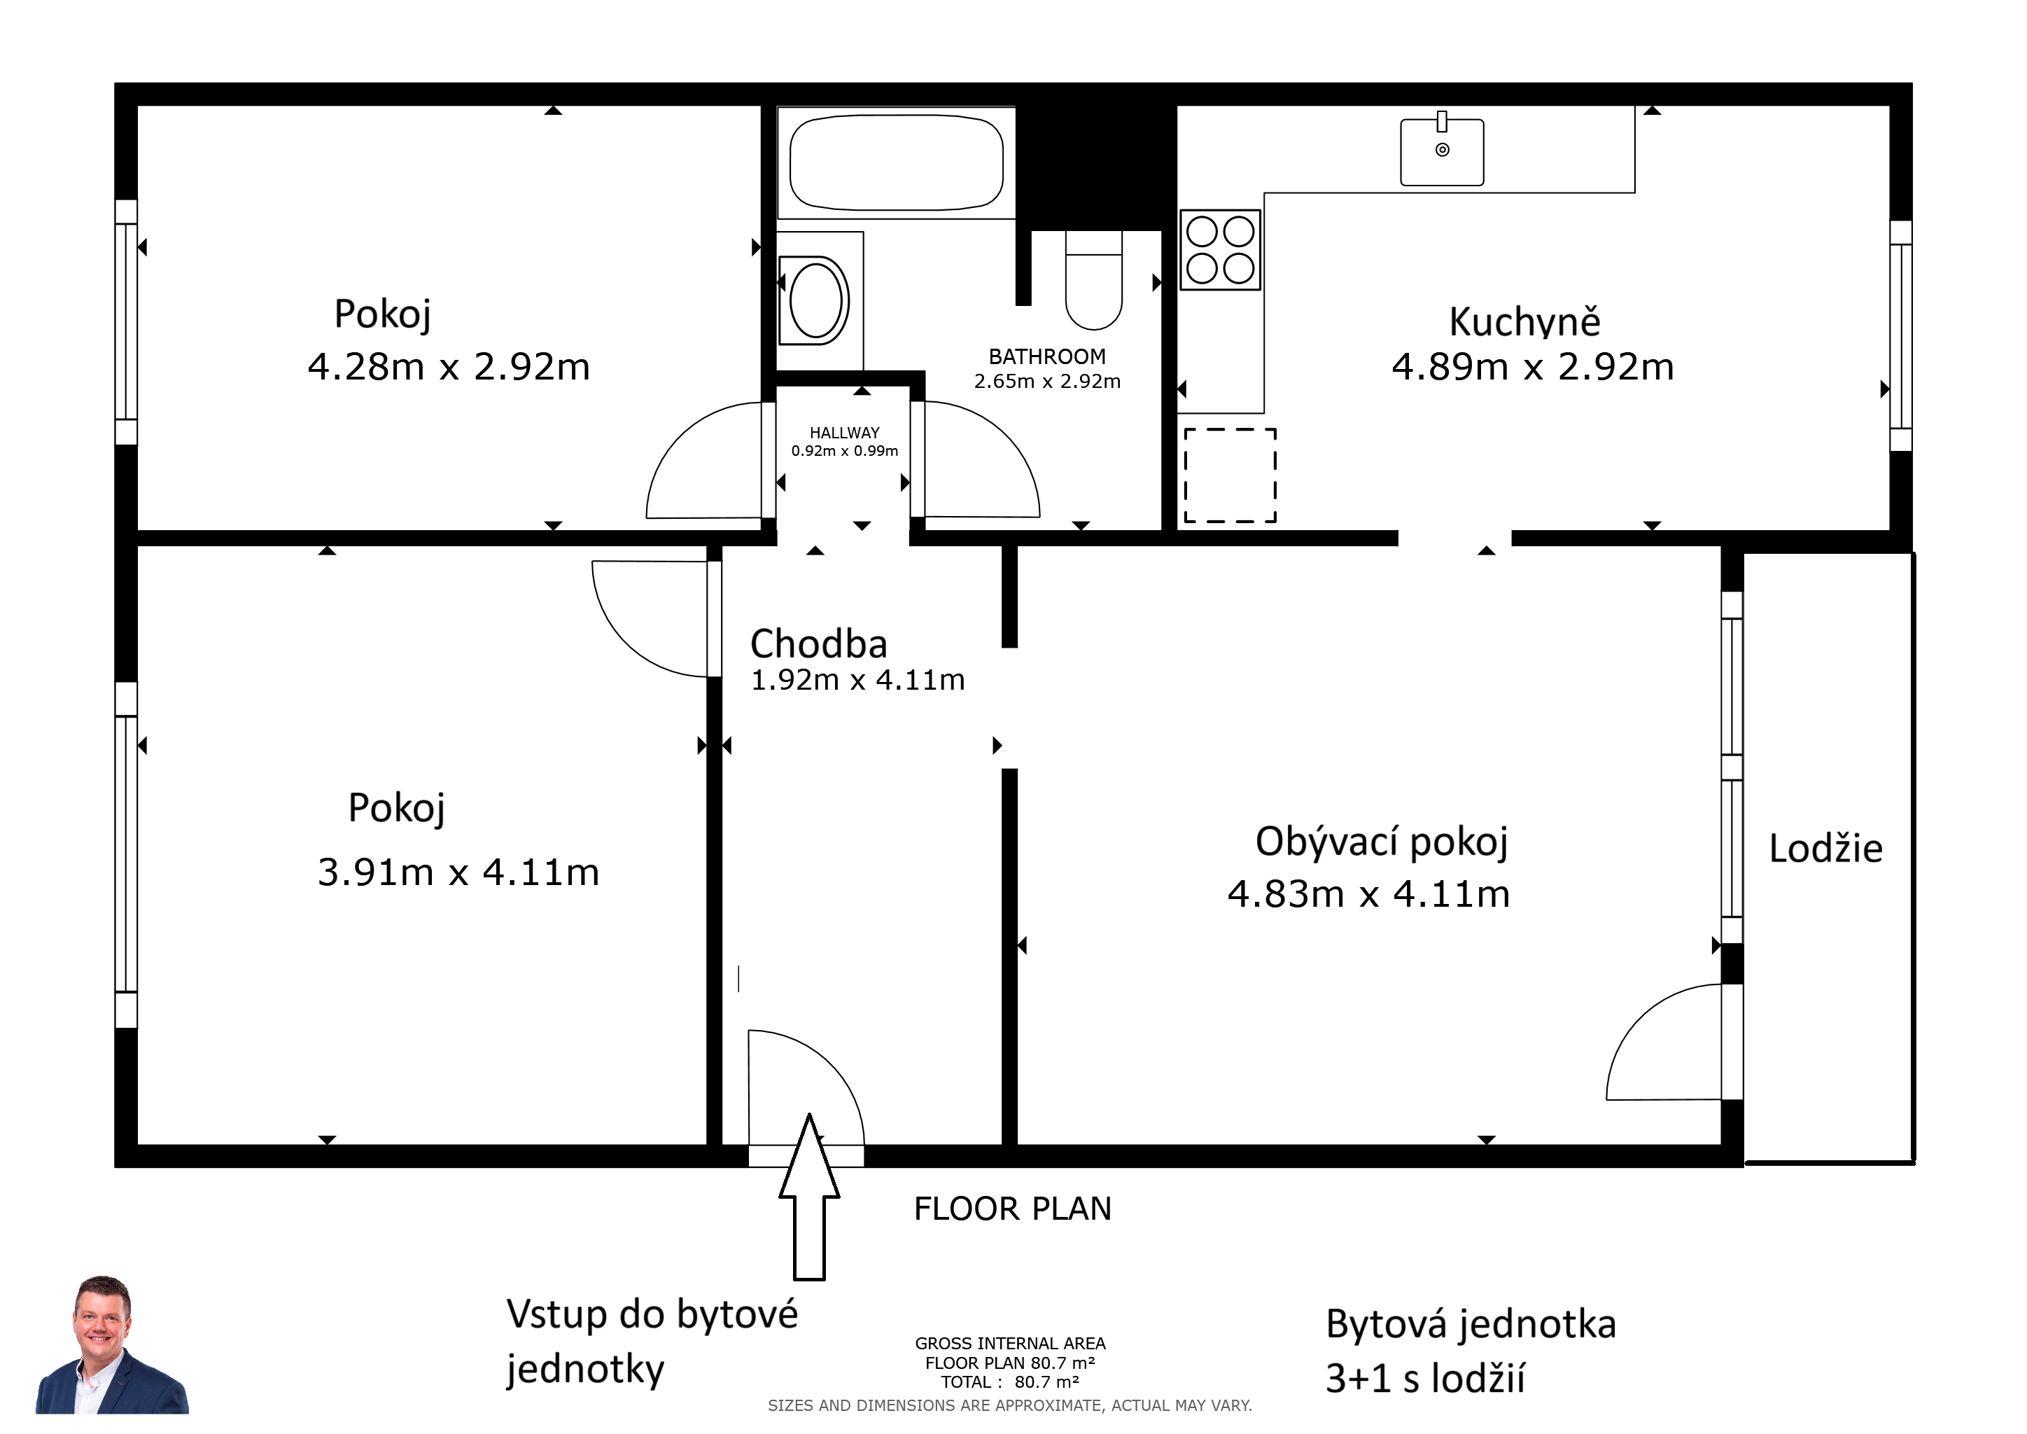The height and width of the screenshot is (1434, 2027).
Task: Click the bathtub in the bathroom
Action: (x=896, y=162)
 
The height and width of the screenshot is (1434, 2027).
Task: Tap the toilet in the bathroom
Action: (x=1094, y=280)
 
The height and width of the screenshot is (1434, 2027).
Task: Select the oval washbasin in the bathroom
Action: (x=815, y=300)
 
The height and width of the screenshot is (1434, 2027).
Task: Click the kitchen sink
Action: (x=1442, y=152)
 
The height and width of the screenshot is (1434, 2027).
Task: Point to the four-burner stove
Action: (x=1220, y=250)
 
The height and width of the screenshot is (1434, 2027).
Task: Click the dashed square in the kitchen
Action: (x=1230, y=475)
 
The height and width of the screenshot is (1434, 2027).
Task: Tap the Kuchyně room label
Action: (x=1524, y=321)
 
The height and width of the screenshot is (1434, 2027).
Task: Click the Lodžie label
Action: (x=1825, y=849)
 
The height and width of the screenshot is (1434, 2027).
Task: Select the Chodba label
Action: (x=818, y=643)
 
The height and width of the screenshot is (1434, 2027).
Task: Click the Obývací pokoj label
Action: (x=1382, y=842)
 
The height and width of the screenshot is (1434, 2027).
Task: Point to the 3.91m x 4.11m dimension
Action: (x=458, y=872)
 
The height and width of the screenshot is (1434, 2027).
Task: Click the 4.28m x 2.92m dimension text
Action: (x=449, y=366)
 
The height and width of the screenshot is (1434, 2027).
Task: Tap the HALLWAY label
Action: (x=845, y=433)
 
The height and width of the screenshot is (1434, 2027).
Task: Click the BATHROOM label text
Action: (x=1047, y=356)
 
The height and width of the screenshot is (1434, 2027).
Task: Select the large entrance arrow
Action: (x=808, y=1197)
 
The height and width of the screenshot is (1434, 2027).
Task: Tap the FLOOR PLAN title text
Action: (x=1013, y=1209)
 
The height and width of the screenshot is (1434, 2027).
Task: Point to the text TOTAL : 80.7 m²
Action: (x=1010, y=1383)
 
